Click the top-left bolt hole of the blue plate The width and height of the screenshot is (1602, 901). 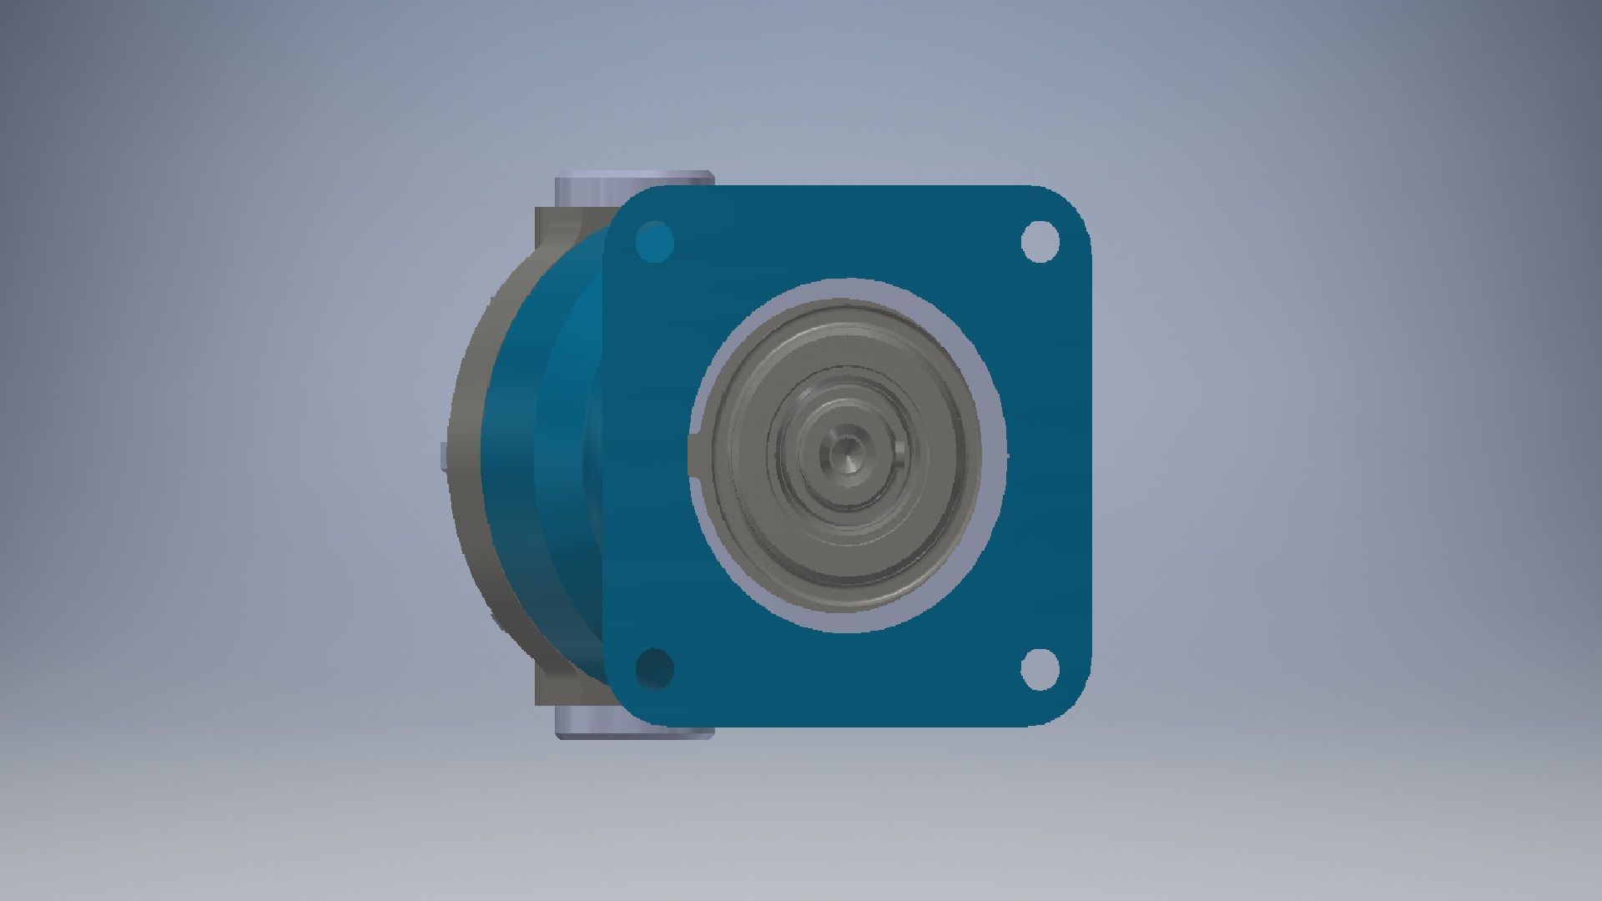pos(655,241)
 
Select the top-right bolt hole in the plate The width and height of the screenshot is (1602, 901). pos(1040,240)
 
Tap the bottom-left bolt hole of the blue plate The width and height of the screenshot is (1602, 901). pos(655,667)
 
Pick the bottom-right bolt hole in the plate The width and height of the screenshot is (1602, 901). pos(1040,667)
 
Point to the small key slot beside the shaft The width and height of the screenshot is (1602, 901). pos(899,455)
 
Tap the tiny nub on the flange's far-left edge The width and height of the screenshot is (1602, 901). pos(442,456)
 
